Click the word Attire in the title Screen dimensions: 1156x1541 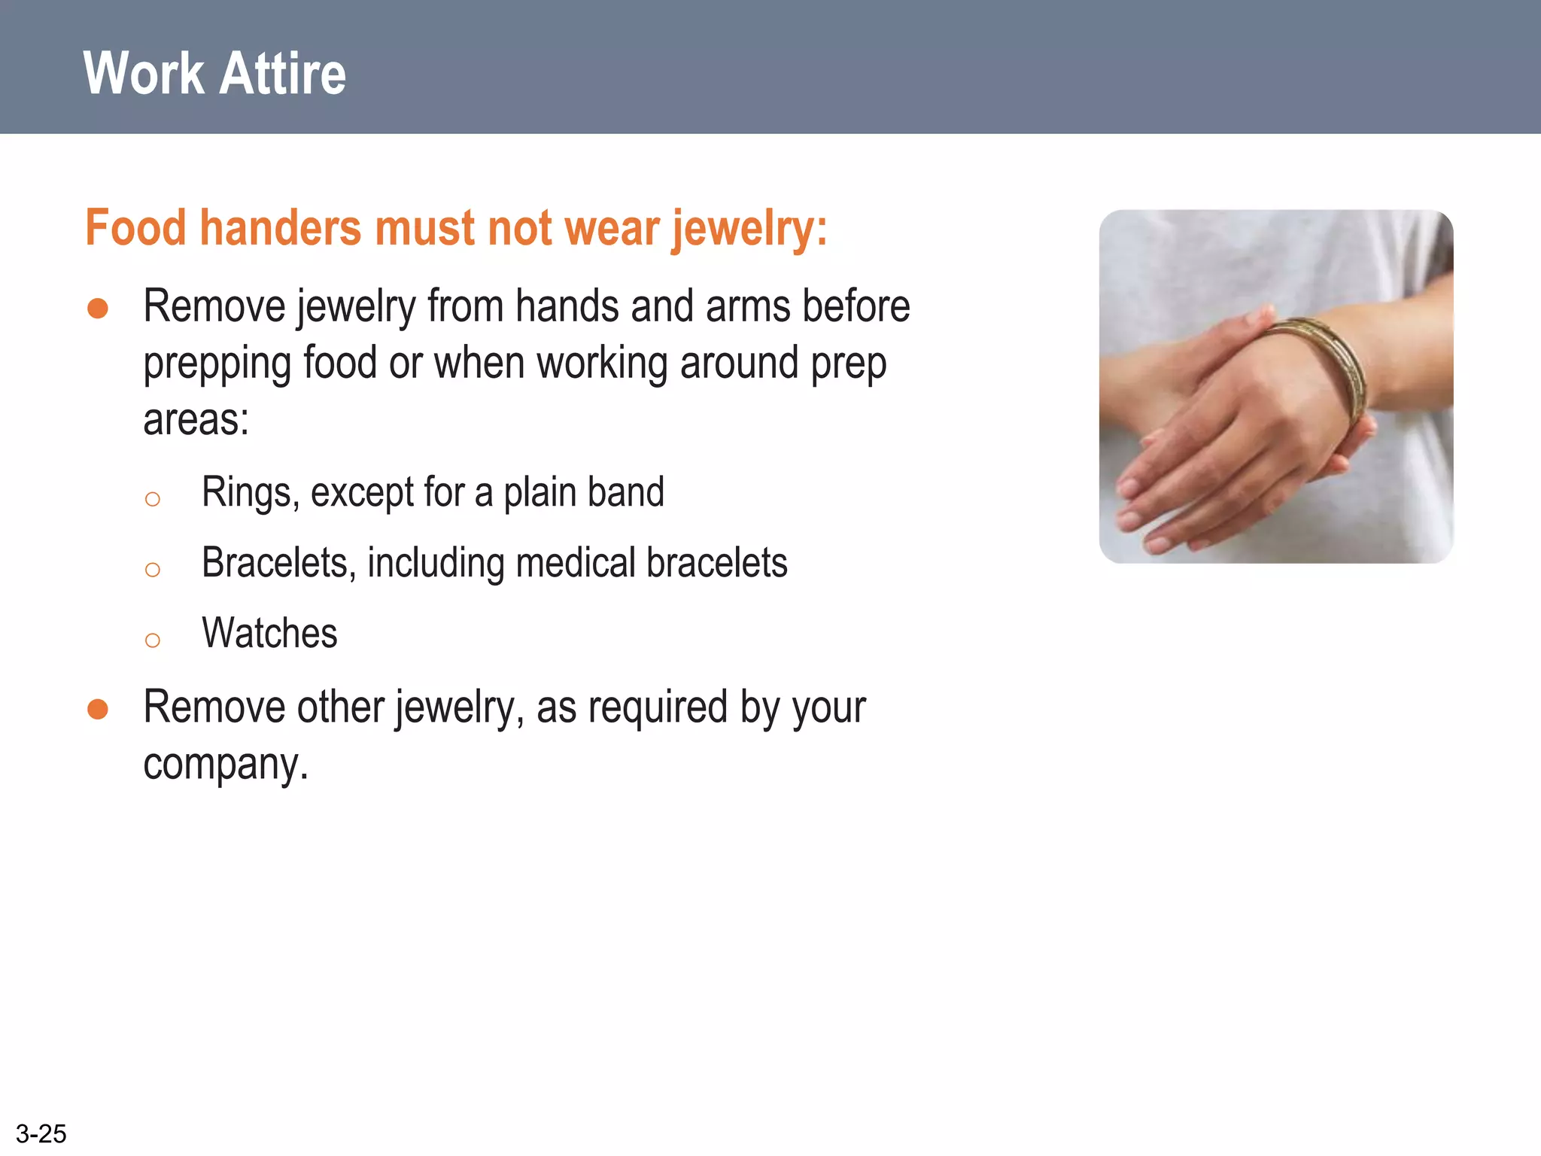[x=284, y=74]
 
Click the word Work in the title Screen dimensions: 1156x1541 [x=144, y=74]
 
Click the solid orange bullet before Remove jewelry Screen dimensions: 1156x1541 [x=98, y=309]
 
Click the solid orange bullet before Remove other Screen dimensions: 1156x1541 [x=98, y=709]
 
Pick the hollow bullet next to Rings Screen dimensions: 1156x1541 [x=153, y=499]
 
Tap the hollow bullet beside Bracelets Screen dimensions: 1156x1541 [x=153, y=570]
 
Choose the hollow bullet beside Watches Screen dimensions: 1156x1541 [x=153, y=640]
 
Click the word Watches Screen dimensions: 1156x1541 [x=269, y=633]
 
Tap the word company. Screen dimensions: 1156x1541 [x=226, y=765]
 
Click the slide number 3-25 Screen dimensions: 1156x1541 [x=41, y=1133]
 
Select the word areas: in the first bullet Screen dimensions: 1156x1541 [x=196, y=419]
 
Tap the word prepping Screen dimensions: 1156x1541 [x=217, y=364]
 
